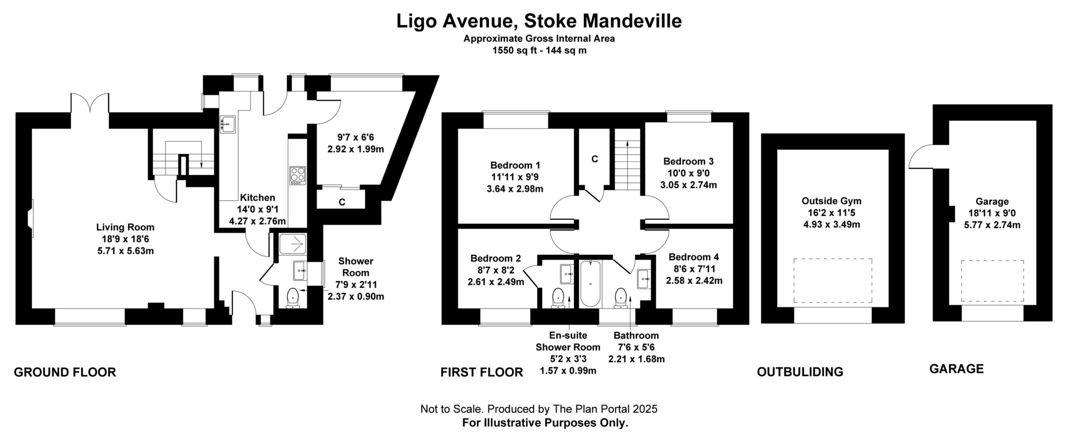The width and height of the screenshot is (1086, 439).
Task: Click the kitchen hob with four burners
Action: pyautogui.click(x=297, y=175)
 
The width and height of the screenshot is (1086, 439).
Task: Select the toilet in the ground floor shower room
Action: pyautogui.click(x=293, y=298)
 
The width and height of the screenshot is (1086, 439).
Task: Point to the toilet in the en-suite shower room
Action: pyautogui.click(x=558, y=298)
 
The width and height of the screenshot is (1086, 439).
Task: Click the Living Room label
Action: pyautogui.click(x=125, y=227)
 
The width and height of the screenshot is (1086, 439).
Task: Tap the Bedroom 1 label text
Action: pyautogui.click(x=515, y=165)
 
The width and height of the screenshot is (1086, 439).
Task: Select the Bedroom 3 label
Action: pyautogui.click(x=688, y=161)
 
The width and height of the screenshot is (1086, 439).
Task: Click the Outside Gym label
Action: pyautogui.click(x=831, y=201)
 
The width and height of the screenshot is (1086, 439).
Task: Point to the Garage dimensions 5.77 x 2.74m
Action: pyautogui.click(x=992, y=225)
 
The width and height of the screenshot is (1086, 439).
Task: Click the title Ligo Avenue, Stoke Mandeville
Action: pyautogui.click(x=539, y=21)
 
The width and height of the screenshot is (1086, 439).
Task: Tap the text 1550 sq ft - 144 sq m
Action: pyautogui.click(x=539, y=51)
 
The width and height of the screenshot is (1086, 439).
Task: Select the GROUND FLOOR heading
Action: pyautogui.click(x=65, y=373)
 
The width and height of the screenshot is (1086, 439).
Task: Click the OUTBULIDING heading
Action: pyautogui.click(x=800, y=372)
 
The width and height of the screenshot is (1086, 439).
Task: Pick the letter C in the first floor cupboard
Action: pyautogui.click(x=594, y=159)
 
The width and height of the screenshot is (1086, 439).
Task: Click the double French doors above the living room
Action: pyautogui.click(x=83, y=104)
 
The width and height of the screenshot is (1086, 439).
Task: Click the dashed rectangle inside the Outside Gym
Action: pyautogui.click(x=833, y=281)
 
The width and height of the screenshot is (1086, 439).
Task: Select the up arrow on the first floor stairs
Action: pyautogui.click(x=628, y=144)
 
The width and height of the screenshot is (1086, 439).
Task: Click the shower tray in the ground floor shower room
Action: pyautogui.click(x=293, y=245)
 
